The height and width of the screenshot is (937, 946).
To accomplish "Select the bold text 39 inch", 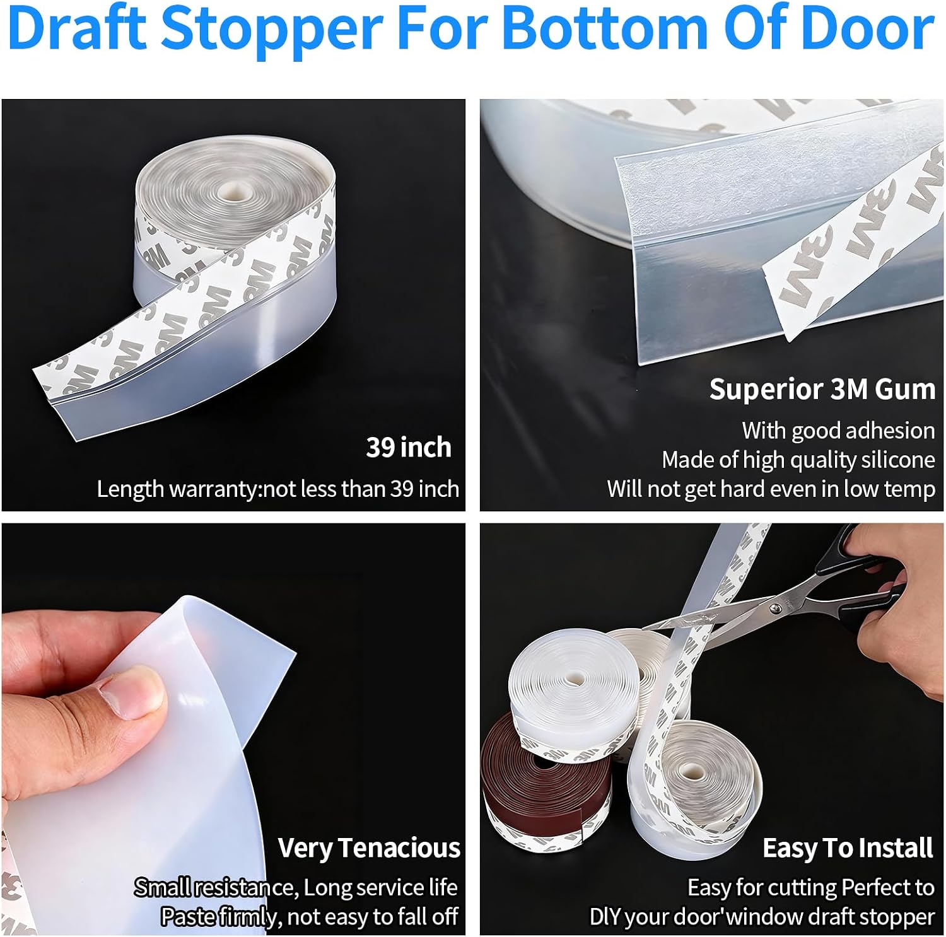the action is pos(409,447).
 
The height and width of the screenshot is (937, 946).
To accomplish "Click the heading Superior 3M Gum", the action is pos(822,389).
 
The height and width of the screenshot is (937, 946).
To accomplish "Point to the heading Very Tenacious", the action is pos(369,848).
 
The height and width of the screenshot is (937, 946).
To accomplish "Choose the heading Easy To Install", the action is pos(848,848).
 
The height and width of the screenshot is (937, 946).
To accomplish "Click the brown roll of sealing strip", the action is pos(546,776).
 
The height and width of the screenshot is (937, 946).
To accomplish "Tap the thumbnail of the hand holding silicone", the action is pos(233,729).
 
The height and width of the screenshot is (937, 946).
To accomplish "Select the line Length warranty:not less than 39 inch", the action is pos(277,489).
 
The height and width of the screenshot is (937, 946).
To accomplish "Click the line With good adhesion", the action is pos(838,431).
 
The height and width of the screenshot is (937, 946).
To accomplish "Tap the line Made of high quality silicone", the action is pos(798,460).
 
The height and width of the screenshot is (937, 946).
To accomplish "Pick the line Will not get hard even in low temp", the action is pos(771,489).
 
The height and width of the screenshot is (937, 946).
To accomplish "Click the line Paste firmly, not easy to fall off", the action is pos(309,916).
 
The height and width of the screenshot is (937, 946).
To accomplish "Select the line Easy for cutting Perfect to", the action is pos(811,887).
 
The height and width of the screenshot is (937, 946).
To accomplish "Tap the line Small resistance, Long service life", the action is pos(296,887).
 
